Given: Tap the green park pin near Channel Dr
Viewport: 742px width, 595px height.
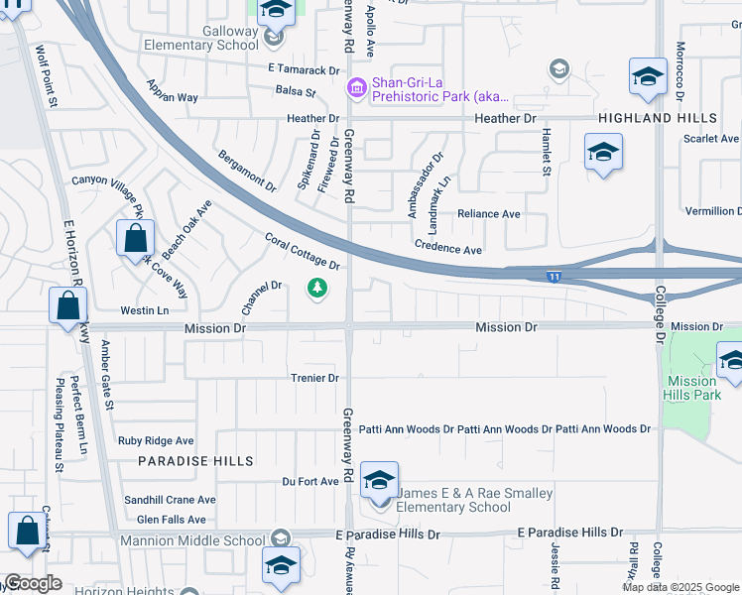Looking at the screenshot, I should (x=317, y=289).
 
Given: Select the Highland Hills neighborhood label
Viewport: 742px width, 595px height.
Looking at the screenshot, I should (x=657, y=118).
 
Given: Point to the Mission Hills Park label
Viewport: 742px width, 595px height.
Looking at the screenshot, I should (x=693, y=388).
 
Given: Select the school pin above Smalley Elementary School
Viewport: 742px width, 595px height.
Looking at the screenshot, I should (x=378, y=481).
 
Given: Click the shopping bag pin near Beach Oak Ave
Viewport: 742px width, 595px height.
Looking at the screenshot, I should (x=135, y=240).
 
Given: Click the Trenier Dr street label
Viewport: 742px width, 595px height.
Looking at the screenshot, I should (x=314, y=378).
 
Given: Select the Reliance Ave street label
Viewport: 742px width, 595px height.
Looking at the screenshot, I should (x=488, y=214).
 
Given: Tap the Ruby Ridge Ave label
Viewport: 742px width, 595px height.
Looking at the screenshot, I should (x=156, y=440).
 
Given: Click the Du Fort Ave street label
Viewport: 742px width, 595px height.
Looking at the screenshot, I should (x=310, y=481).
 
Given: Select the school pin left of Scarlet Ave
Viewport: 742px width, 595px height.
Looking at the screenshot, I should (x=603, y=155).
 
